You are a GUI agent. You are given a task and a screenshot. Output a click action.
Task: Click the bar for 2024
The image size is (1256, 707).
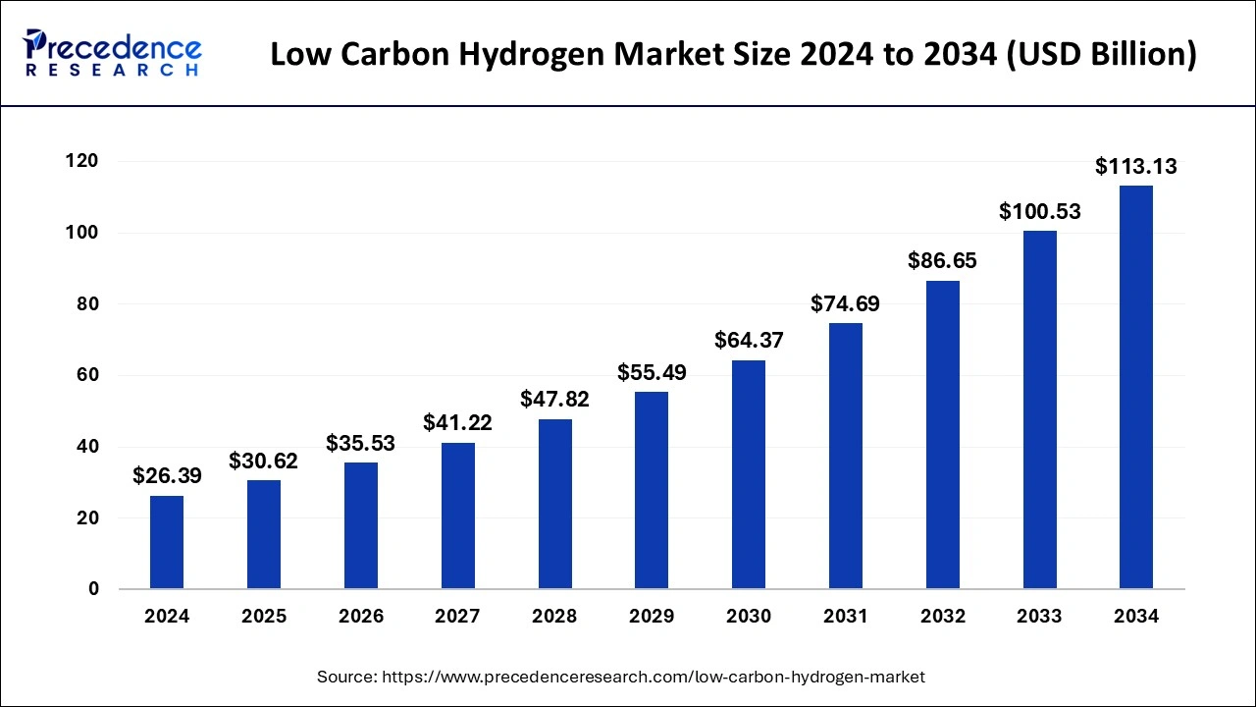[x=167, y=542]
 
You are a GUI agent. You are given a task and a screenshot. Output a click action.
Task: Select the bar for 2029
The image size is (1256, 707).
[x=652, y=490]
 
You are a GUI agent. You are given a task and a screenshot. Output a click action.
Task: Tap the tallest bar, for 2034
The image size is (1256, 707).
[x=1136, y=387]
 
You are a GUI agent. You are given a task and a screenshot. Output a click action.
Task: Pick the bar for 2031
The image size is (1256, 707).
[x=846, y=456]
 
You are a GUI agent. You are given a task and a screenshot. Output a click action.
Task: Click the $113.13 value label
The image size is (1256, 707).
[x=1136, y=167]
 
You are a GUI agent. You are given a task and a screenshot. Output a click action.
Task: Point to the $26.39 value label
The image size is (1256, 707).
[x=167, y=476]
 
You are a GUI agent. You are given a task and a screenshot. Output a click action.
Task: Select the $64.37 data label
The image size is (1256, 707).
[x=749, y=341]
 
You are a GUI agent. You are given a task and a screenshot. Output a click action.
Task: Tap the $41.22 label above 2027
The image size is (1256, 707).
[x=457, y=423]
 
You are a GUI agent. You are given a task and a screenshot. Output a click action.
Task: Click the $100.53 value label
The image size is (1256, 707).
[x=1040, y=211]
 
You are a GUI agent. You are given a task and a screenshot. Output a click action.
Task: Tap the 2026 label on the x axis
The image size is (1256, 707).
[x=361, y=617]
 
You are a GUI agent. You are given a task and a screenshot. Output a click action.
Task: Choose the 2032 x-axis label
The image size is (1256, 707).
[x=943, y=617]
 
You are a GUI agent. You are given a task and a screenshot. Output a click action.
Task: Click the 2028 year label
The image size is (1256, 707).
[x=554, y=617]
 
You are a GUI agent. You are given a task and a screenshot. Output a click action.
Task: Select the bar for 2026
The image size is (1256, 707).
[x=361, y=525]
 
